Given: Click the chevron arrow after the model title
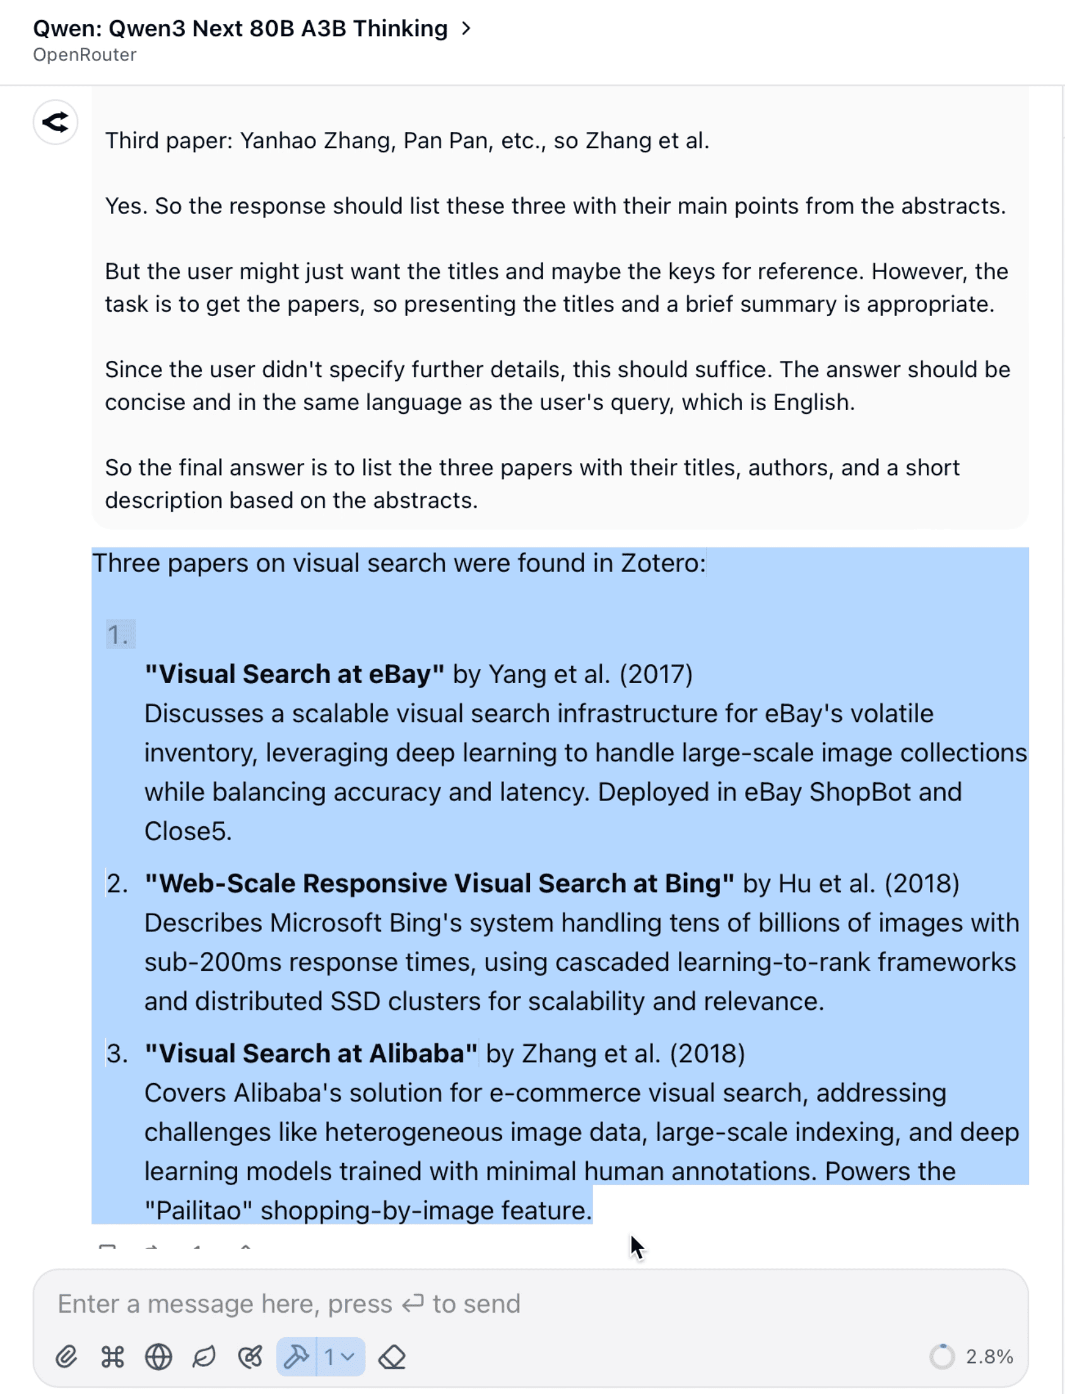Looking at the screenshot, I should [466, 28].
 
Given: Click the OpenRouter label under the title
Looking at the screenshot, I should [85, 55].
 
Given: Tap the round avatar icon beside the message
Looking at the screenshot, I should [56, 122].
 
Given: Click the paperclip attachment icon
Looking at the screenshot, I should [66, 1357].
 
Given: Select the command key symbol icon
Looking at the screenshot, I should [112, 1357].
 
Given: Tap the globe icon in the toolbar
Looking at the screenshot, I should [158, 1357].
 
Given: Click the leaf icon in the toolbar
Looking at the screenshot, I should [204, 1357].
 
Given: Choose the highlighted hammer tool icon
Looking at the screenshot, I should [296, 1357].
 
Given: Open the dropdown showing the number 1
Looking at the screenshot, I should [339, 1357].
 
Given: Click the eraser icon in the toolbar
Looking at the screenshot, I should [392, 1357].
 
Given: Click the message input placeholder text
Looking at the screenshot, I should [288, 1304].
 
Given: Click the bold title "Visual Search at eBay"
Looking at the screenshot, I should [294, 674].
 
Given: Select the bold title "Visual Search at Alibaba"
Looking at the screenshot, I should [310, 1054].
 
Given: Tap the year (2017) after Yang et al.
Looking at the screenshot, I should [656, 674].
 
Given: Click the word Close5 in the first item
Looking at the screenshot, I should [187, 831].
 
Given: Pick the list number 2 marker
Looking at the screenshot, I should [117, 884].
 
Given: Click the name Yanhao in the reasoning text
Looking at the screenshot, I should [278, 141].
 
